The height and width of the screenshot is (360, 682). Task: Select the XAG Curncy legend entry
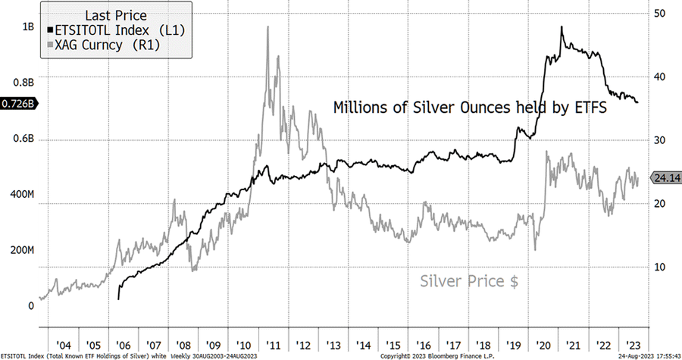pyautogui.click(x=107, y=45)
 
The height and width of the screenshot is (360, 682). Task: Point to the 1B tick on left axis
pyautogui.click(x=28, y=26)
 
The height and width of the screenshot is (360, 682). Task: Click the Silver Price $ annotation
pyautogui.click(x=469, y=281)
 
